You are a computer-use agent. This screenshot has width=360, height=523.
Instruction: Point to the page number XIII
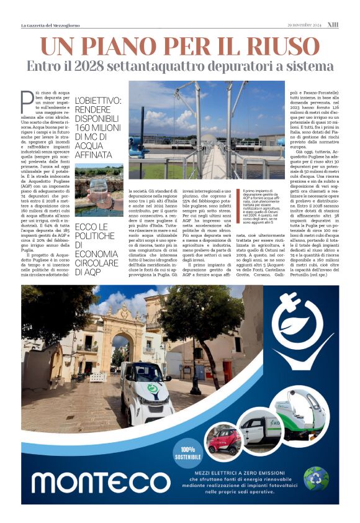(333, 25)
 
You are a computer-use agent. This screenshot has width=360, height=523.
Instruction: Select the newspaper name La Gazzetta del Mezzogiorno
(51, 25)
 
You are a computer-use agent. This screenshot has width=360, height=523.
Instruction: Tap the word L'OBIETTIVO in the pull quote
(96, 100)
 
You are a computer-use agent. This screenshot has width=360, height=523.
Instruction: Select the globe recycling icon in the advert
(316, 478)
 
